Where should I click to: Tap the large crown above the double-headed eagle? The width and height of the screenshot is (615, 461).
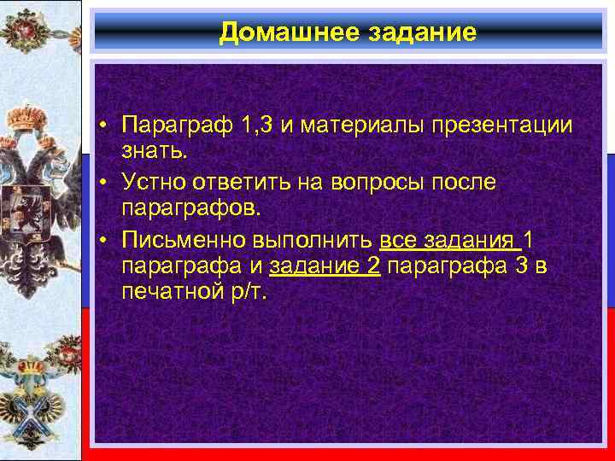click(x=32, y=117)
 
